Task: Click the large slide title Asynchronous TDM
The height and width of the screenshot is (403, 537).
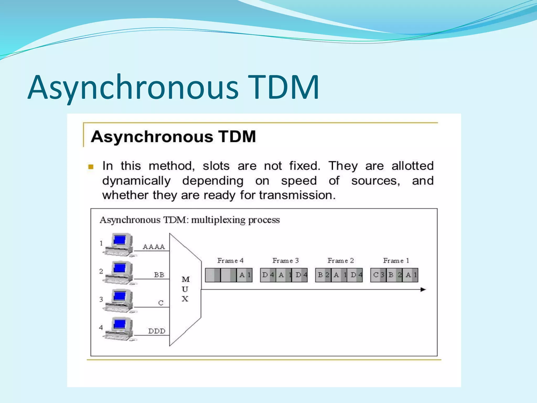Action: click(173, 88)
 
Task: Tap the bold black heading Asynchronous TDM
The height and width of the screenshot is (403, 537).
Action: click(173, 137)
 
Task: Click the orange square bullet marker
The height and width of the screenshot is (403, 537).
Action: click(91, 167)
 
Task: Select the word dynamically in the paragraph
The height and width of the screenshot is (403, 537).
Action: click(136, 181)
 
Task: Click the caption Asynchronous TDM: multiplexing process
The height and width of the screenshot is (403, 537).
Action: click(190, 220)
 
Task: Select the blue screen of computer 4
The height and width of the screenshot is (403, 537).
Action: click(120, 324)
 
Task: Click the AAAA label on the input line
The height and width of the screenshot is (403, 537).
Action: click(154, 247)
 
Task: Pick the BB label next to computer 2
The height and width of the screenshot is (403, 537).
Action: click(159, 275)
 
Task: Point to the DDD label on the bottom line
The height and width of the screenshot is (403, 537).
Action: click(157, 331)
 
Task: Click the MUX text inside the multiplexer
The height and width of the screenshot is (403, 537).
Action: click(185, 289)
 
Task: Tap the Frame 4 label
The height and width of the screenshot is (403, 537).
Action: click(230, 261)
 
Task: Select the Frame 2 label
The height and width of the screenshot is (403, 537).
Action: click(340, 261)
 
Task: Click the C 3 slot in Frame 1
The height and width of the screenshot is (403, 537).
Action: click(378, 275)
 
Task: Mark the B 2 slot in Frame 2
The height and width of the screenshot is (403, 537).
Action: click(323, 275)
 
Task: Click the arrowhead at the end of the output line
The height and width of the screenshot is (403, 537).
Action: click(423, 290)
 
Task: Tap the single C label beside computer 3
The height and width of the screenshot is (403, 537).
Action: click(161, 303)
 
